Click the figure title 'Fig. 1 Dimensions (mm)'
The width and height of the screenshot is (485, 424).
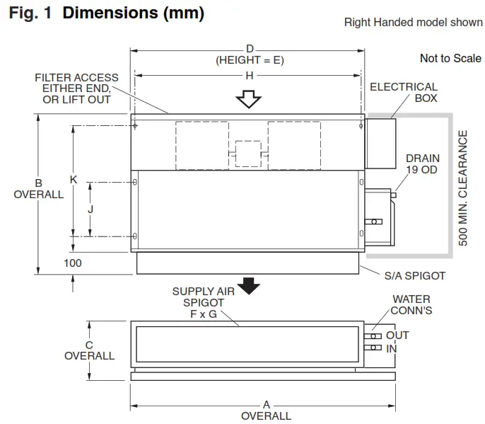tap(107, 13)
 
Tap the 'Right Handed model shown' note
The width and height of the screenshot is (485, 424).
tap(413, 22)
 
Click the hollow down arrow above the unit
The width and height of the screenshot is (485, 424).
tap(248, 99)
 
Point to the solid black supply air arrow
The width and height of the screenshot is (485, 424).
tap(248, 285)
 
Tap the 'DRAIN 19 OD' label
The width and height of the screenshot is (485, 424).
tap(423, 164)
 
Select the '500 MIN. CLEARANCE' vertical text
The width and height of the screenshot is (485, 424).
tap(464, 188)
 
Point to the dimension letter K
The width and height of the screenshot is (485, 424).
tap(74, 180)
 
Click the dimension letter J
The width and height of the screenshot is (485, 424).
tap(90, 209)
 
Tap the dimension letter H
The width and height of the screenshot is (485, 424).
tap(250, 74)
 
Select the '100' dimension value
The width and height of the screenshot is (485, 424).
tap(72, 263)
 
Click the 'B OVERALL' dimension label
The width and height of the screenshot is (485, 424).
tap(39, 188)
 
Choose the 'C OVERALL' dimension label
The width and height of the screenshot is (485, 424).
tap(89, 350)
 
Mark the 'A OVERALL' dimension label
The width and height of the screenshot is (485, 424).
tap(266, 411)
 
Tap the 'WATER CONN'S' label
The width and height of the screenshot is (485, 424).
tap(412, 305)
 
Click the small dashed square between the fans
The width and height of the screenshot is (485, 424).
tap(248, 153)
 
